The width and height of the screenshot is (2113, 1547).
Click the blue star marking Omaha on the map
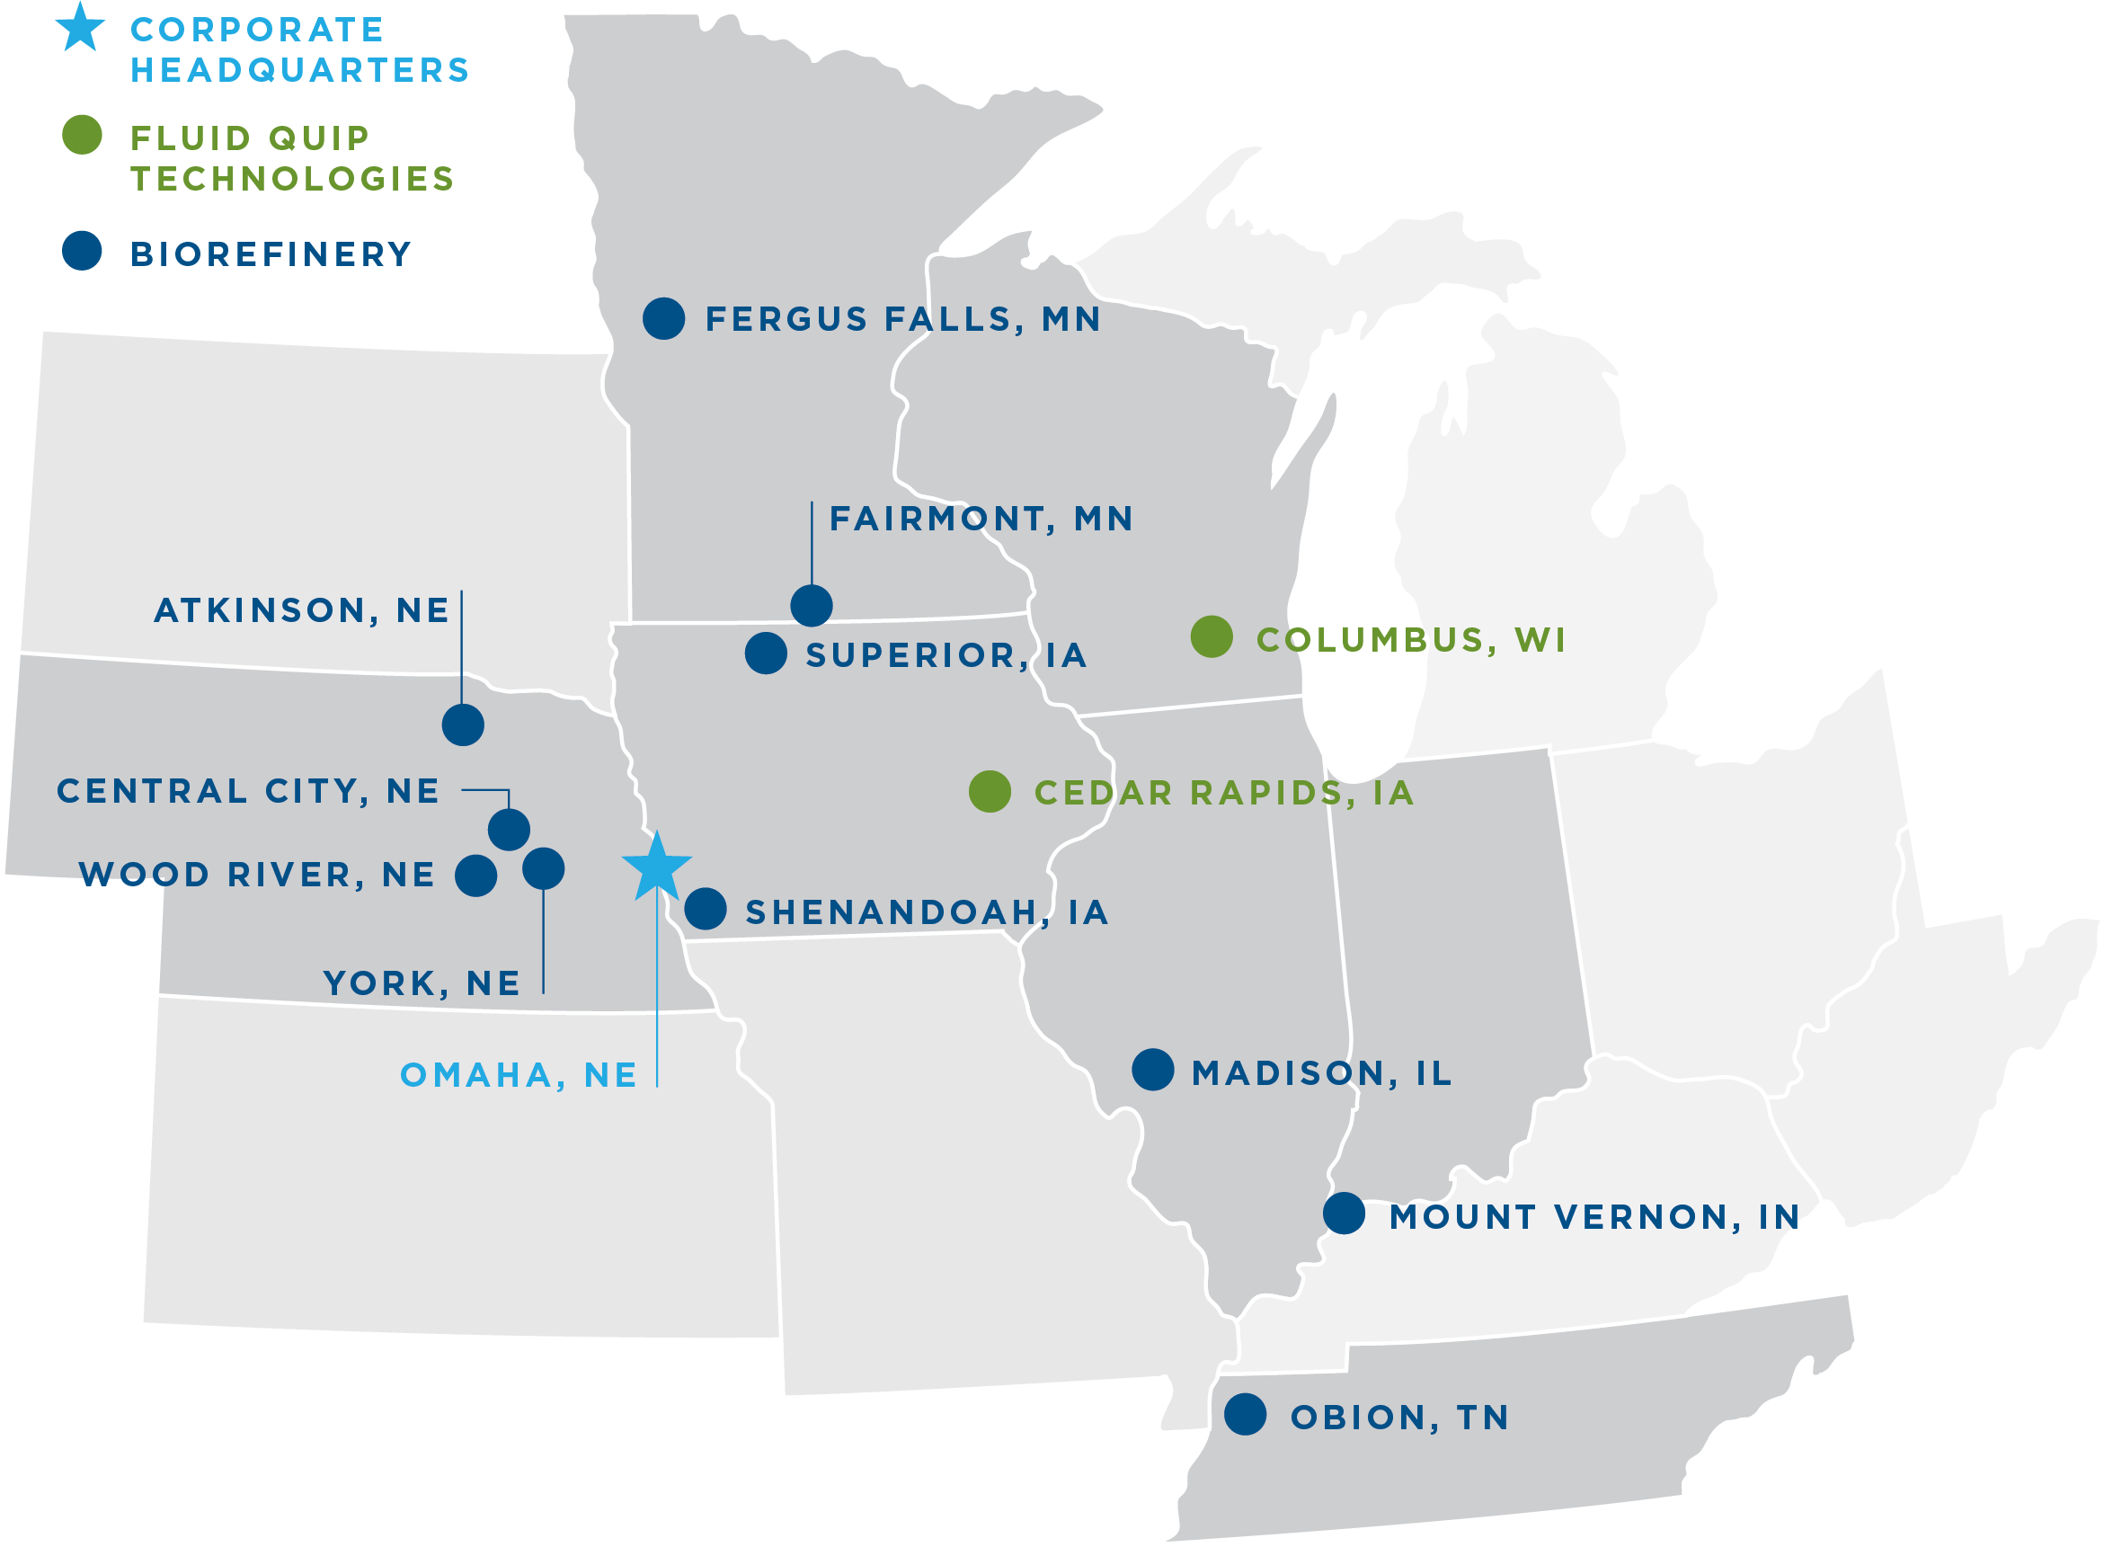click(657, 867)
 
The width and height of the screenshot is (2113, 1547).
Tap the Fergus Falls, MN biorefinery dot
click(664, 318)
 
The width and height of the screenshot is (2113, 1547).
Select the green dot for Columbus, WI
click(1212, 636)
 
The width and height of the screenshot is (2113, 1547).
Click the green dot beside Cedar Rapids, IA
click(990, 791)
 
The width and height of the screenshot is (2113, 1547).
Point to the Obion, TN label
click(1399, 1418)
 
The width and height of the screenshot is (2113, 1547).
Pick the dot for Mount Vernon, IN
click(1344, 1214)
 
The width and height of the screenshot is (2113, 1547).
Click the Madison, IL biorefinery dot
click(1152, 1070)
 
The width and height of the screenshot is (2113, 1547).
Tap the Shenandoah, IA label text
click(927, 912)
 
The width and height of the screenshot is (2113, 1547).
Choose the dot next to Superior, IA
click(766, 653)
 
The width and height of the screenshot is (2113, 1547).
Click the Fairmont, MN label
click(981, 519)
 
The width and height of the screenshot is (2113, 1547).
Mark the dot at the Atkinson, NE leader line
click(463, 725)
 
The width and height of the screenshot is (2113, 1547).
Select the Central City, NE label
click(248, 791)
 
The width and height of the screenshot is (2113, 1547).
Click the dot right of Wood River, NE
click(475, 876)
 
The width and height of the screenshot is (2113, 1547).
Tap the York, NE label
click(422, 983)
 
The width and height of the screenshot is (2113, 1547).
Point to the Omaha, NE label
click(519, 1075)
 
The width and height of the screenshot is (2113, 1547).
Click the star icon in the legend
click(81, 28)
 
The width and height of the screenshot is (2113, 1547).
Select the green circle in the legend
click(82, 135)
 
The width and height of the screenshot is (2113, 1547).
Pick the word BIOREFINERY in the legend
click(271, 253)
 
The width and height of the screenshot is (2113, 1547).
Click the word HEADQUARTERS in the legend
click(299, 70)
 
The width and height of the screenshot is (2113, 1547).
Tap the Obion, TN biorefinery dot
click(1245, 1414)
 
